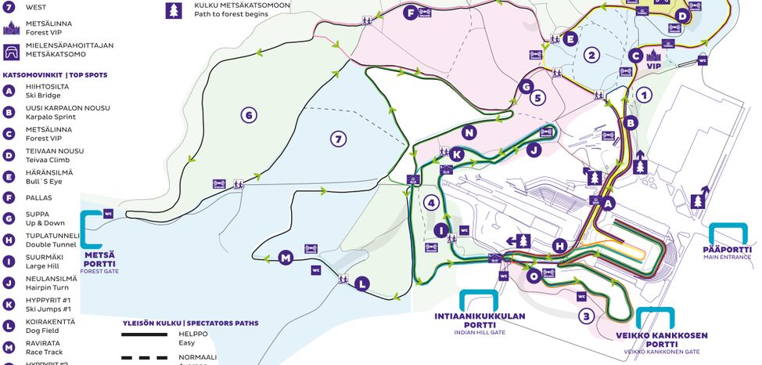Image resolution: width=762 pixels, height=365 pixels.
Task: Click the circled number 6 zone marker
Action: pos(249,116)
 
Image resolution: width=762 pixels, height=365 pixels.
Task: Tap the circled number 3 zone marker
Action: pos(586,316)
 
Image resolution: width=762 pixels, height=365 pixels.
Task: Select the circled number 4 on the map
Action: pos(430,202)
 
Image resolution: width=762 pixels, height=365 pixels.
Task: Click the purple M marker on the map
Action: pos(285,258)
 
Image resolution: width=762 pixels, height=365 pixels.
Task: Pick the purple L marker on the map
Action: pos(361,284)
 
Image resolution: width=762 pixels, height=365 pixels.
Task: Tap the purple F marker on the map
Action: pos(409,13)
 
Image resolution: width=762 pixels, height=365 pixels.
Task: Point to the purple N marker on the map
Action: pos(469,132)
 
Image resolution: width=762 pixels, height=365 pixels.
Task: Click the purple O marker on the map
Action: pos(534,276)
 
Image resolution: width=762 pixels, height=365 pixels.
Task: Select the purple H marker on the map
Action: pos(558,246)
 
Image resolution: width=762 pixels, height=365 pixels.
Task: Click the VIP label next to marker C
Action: pos(653,67)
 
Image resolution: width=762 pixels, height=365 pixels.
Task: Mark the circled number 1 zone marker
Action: pos(644,96)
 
